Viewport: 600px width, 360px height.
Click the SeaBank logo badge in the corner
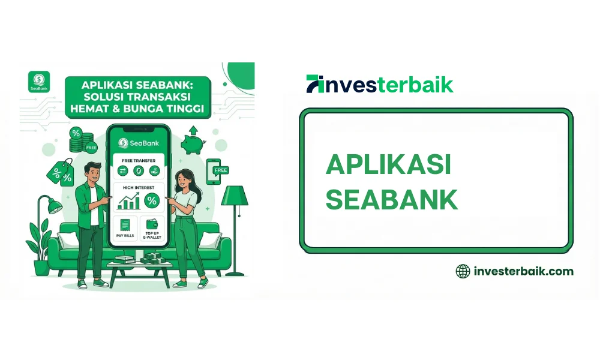(38, 81)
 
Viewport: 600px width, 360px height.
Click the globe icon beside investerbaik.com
(463, 271)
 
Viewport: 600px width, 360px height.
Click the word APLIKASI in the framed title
(388, 164)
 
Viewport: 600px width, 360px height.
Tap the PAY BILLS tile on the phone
(125, 229)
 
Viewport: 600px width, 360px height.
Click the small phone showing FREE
(215, 170)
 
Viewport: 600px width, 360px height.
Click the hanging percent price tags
(60, 172)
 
